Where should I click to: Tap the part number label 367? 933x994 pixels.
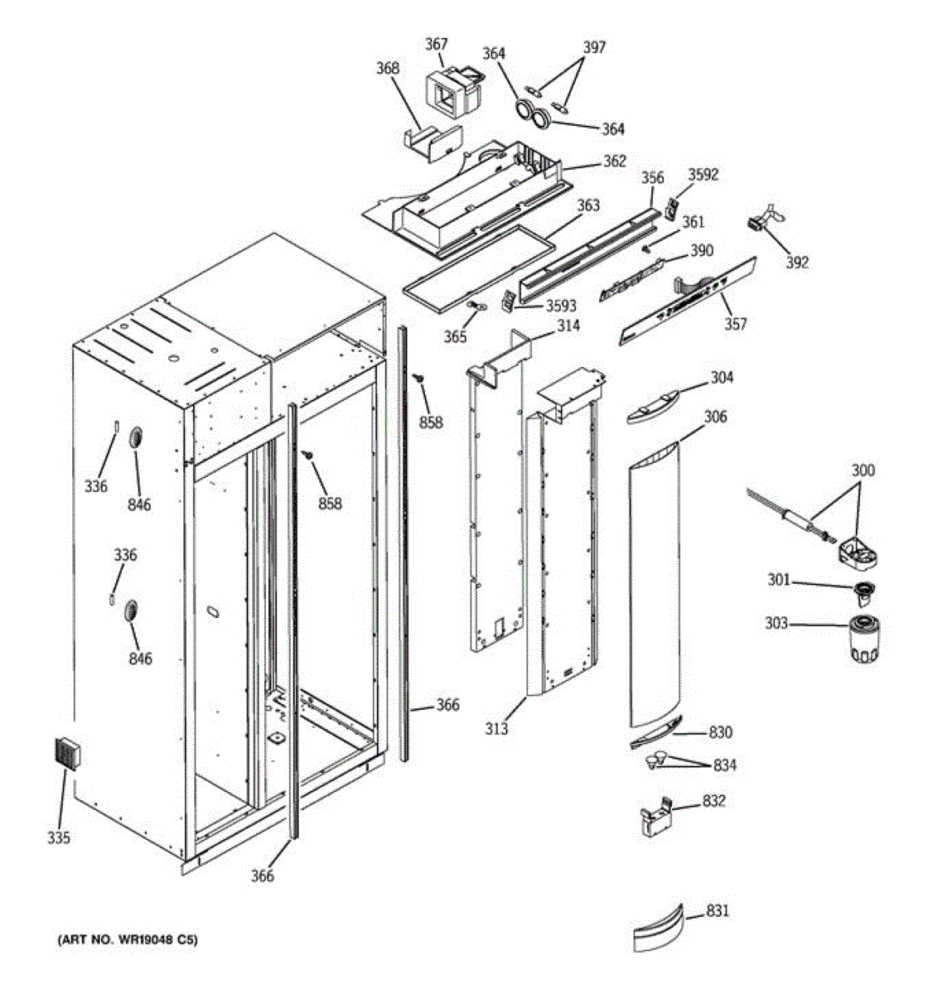coord(437,44)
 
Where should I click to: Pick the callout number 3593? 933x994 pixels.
coord(561,306)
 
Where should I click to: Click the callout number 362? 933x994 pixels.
coord(614,162)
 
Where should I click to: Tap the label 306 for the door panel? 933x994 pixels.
coord(715,417)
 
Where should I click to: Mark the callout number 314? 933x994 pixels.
coord(568,326)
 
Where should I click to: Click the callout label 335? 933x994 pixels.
coord(59,838)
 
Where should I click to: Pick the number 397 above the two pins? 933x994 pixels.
coord(593,47)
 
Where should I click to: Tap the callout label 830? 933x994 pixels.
coord(720,732)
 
